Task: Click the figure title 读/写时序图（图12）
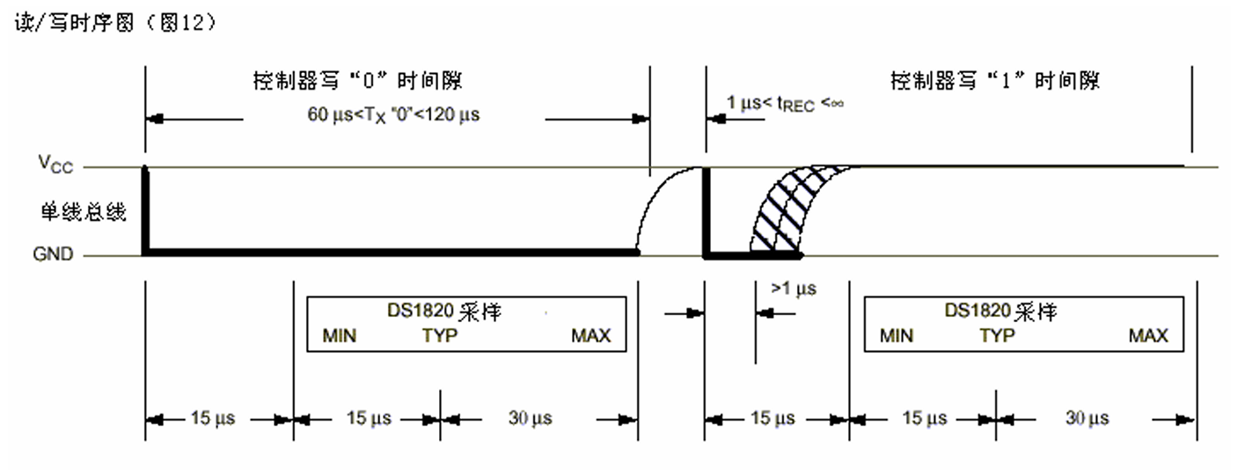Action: click(x=115, y=24)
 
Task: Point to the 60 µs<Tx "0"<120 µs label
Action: click(x=392, y=116)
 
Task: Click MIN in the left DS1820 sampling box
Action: click(x=340, y=335)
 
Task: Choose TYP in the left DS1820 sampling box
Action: click(x=439, y=335)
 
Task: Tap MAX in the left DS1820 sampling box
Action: click(x=590, y=335)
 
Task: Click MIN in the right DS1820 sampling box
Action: click(x=897, y=335)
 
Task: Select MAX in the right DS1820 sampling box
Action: click(x=1149, y=335)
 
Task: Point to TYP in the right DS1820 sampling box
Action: click(x=997, y=335)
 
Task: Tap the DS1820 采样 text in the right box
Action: click(x=1000, y=312)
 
